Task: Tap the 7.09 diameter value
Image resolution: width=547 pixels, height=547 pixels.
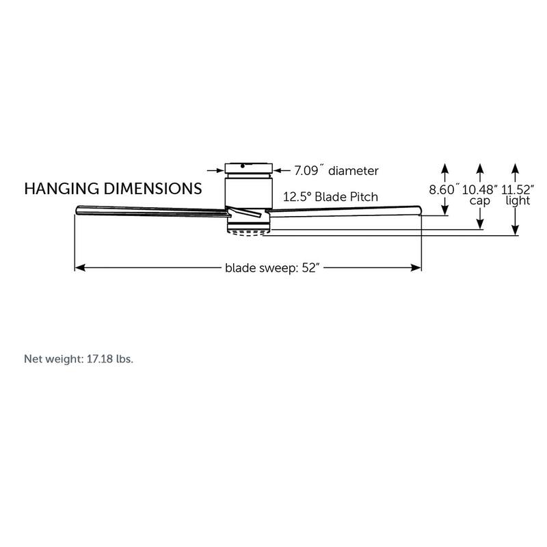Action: [x=336, y=170]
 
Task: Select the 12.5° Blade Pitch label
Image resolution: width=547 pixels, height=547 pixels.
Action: [x=331, y=197]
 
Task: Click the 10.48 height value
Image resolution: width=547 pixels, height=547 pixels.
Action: [x=480, y=189]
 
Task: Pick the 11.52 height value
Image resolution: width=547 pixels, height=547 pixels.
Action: [x=518, y=189]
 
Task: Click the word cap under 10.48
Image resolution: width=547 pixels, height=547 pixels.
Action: [x=480, y=201]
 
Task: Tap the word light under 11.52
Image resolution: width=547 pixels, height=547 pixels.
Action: [x=518, y=201]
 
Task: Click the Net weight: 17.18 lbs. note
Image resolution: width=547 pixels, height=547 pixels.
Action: [x=79, y=358]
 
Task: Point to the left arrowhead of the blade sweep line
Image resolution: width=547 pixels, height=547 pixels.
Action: [x=78, y=268]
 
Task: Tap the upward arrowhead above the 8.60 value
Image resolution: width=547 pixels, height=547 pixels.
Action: [x=444, y=167]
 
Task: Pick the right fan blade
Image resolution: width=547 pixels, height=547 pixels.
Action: [x=342, y=209]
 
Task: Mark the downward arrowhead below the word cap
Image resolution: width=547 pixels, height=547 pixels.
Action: [x=480, y=225]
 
